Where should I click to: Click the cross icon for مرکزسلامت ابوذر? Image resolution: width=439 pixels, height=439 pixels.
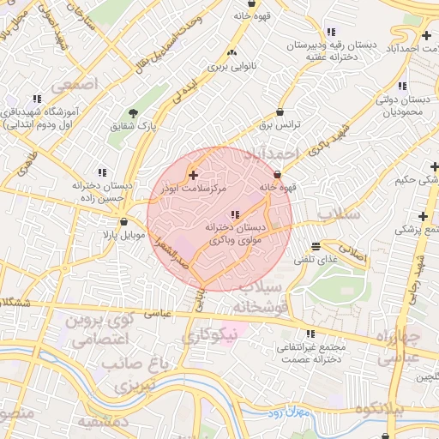pos(193,174)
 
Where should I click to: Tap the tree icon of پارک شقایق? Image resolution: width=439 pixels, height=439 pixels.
pos(134,113)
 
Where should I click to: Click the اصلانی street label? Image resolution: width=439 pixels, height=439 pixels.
pos(351,256)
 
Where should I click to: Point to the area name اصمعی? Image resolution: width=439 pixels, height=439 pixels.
pos(75,85)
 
